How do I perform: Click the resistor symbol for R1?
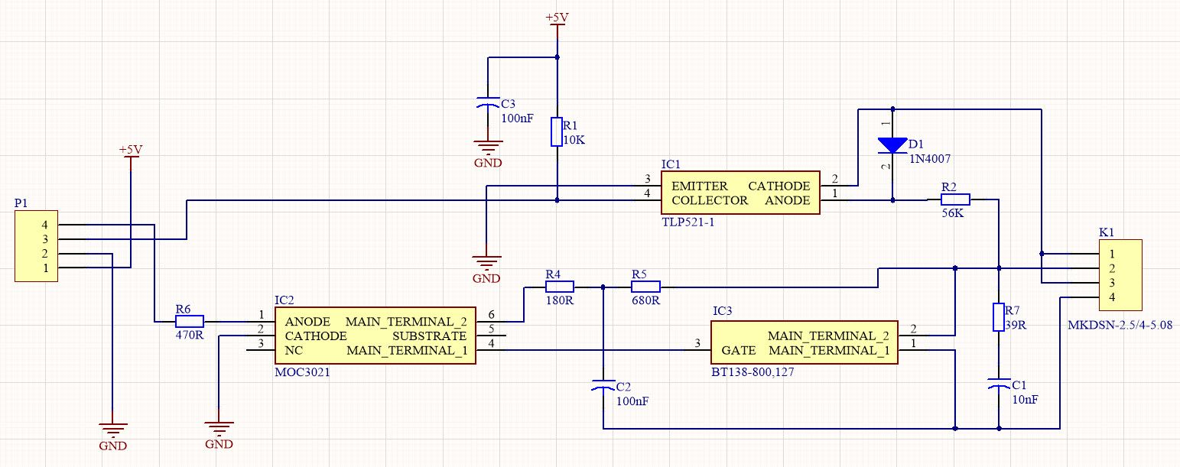[557, 131]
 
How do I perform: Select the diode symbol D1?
[892, 145]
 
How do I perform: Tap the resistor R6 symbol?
[190, 321]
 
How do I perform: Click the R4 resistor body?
[560, 287]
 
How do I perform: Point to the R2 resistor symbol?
[955, 199]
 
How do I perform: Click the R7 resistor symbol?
[998, 317]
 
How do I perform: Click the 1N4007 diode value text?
[929, 158]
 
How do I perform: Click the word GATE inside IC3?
[739, 351]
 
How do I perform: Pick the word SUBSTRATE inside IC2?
[429, 336]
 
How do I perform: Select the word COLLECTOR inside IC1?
[710, 200]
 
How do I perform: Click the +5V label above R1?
[557, 18]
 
